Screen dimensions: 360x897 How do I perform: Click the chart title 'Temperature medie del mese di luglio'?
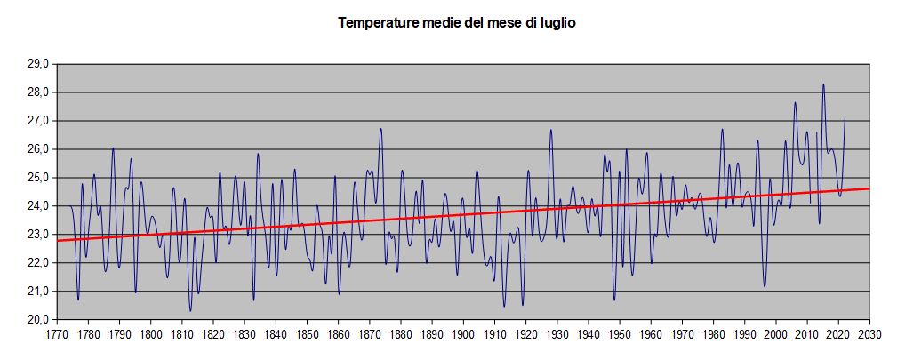point(457,23)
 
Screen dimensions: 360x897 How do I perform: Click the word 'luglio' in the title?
point(557,23)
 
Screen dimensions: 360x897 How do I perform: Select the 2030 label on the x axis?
point(869,335)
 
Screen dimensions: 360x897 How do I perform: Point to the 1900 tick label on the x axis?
point(463,335)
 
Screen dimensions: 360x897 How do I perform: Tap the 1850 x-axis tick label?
point(307,335)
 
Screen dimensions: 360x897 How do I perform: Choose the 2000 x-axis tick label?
point(776,335)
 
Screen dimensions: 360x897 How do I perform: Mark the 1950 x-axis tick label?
point(620,335)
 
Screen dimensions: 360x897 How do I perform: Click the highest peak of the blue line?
point(823,84)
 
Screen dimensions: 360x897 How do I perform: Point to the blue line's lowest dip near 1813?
point(190,310)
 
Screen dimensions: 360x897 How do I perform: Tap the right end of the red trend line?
point(869,188)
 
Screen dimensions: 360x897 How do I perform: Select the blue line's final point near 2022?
point(845,118)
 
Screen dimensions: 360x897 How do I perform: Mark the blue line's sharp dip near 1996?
point(765,286)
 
